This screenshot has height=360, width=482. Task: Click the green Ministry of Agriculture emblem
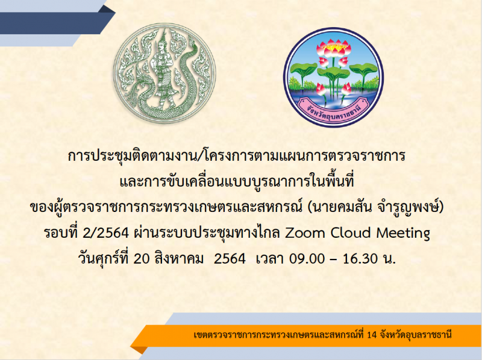[x=164, y=73]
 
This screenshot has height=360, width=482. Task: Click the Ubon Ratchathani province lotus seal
[x=334, y=76]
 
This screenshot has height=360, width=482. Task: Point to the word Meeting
[x=403, y=233]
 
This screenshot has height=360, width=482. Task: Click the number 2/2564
[x=105, y=233]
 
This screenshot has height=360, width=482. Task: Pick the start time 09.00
[x=307, y=259]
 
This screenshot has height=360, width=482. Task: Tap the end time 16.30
[x=360, y=259]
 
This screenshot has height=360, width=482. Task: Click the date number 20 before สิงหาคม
[x=142, y=259]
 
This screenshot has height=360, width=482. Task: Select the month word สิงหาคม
[x=179, y=258]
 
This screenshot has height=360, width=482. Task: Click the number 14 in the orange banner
[x=371, y=335]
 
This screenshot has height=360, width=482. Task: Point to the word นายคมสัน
[x=341, y=207]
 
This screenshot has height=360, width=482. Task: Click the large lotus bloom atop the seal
[x=334, y=49]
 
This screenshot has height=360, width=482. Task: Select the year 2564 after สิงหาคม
[x=230, y=259]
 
